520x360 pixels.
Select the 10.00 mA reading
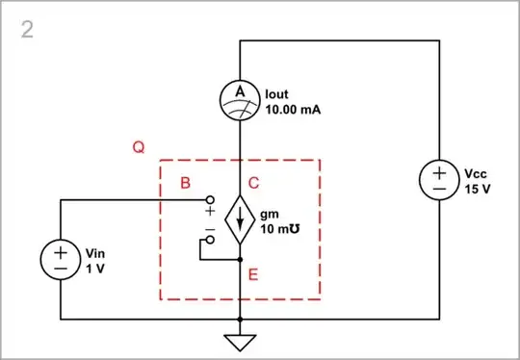click(292, 110)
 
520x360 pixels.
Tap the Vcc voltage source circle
click(438, 181)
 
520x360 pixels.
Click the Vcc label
click(475, 174)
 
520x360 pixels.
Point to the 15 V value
click(476, 189)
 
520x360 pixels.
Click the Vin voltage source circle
click(60, 260)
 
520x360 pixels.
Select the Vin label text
click(94, 253)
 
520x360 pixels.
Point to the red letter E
click(253, 275)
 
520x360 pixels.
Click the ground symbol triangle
click(239, 341)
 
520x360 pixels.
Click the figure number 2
click(26, 30)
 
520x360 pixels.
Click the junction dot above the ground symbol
click(239, 319)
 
